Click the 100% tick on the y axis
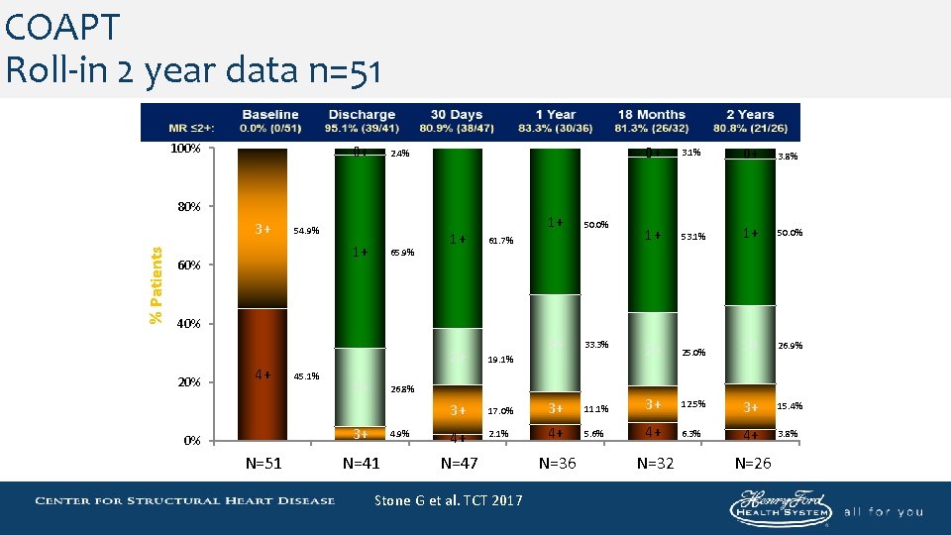tap(186, 149)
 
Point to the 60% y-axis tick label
tap(189, 266)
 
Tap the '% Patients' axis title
tap(156, 284)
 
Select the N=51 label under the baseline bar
tap(263, 462)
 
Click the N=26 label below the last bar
tap(754, 462)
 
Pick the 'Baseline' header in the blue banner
tap(269, 115)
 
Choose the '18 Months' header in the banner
tap(651, 115)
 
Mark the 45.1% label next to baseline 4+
tap(306, 376)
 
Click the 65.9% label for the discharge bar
tap(403, 253)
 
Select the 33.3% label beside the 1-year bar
tap(596, 345)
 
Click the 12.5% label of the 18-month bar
tap(693, 404)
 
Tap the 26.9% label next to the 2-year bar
tap(790, 346)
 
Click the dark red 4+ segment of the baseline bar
tap(263, 374)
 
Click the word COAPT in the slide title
tap(61, 27)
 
